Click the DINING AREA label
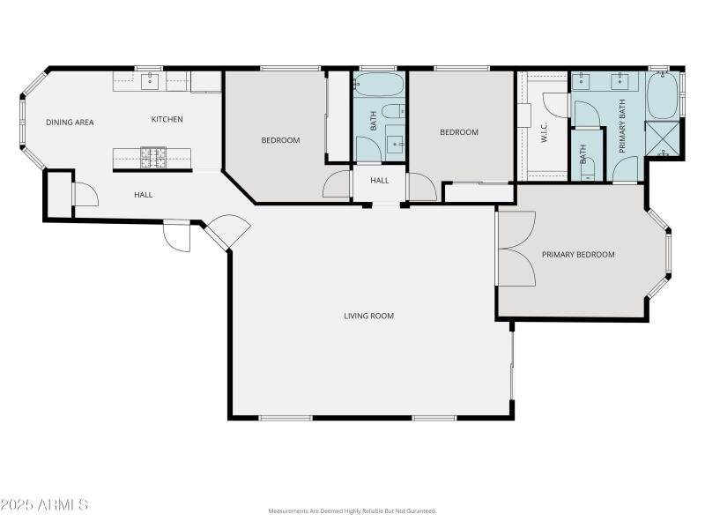[70, 123]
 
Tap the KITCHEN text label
[167, 120]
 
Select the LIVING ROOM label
[368, 316]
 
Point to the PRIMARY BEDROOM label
[578, 255]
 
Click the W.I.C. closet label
[545, 133]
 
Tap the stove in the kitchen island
[153, 158]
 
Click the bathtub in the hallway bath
[379, 85]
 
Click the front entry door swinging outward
[177, 236]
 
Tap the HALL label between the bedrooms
[380, 181]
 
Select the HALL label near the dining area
[143, 195]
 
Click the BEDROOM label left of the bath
[280, 140]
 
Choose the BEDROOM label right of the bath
[459, 132]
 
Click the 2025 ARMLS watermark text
[44, 505]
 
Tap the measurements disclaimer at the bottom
[352, 511]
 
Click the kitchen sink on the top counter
[150, 83]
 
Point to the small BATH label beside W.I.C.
[583, 155]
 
